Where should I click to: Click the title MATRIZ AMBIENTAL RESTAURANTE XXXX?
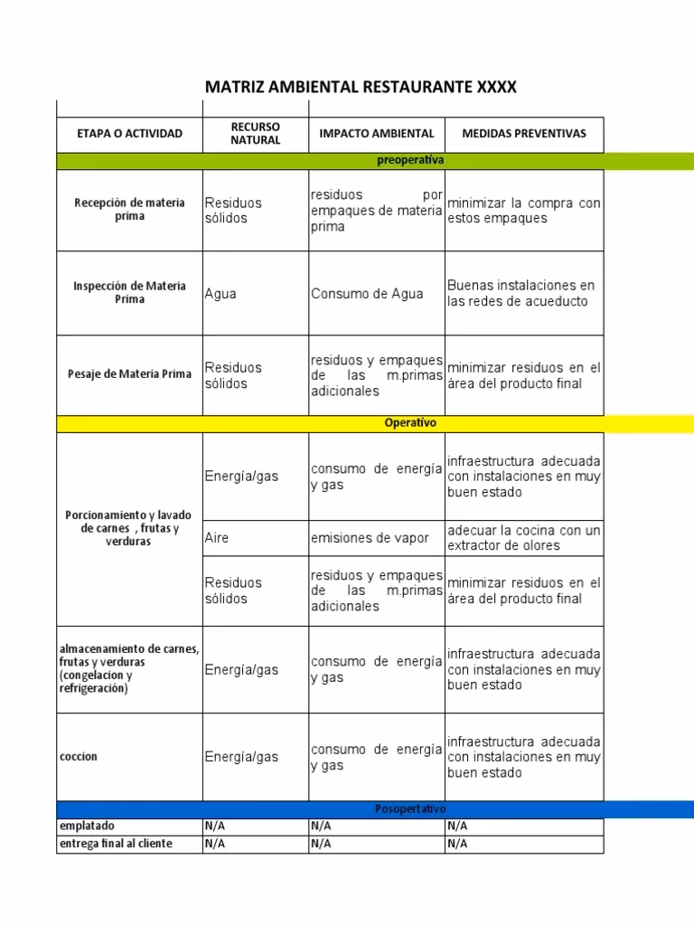pyautogui.click(x=361, y=87)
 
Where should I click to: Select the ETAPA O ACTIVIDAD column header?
pyautogui.click(x=129, y=134)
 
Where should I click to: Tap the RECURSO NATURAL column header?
pyautogui.click(x=256, y=134)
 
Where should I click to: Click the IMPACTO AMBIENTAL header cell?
pyautogui.click(x=376, y=134)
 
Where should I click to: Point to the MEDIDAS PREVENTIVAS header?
pyautogui.click(x=524, y=134)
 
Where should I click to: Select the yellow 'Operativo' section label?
pyautogui.click(x=410, y=423)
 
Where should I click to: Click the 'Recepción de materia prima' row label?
pyautogui.click(x=129, y=210)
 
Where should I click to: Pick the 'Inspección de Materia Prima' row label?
pyautogui.click(x=129, y=293)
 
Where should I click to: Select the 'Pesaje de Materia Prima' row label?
pyautogui.click(x=129, y=374)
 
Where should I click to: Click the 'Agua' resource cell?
pyautogui.click(x=220, y=294)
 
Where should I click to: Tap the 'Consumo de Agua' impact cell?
pyautogui.click(x=367, y=294)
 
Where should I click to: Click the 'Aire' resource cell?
pyautogui.click(x=217, y=538)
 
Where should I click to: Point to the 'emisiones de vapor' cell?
pyautogui.click(x=370, y=538)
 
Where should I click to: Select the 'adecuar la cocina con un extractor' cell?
pyautogui.click(x=523, y=538)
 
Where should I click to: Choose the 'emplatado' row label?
pyautogui.click(x=87, y=827)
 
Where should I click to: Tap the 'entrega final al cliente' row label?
pyautogui.click(x=115, y=844)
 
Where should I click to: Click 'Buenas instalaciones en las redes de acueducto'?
pyautogui.click(x=521, y=293)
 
